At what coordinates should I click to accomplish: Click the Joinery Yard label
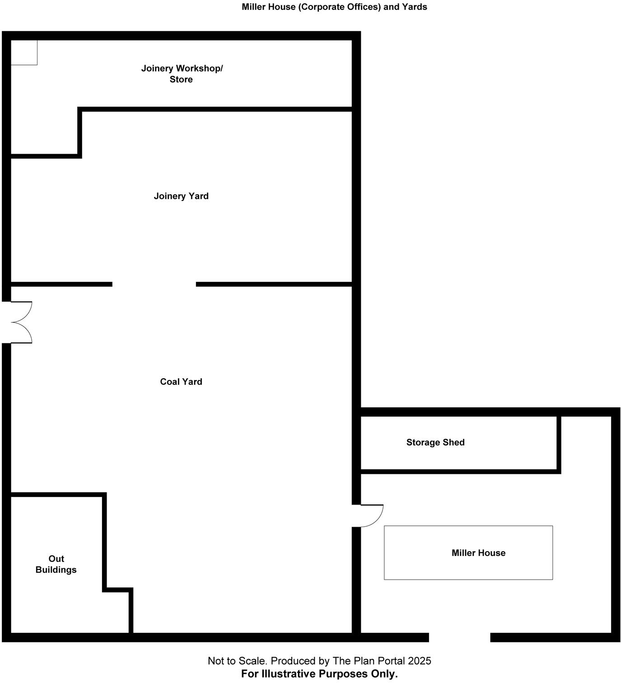tap(181, 196)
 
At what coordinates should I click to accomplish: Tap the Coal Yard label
tap(181, 382)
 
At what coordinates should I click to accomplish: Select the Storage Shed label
tap(435, 442)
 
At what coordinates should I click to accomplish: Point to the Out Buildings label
tap(56, 564)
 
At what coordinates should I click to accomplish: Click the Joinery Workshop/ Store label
tap(182, 74)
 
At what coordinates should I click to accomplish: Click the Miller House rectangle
tap(468, 552)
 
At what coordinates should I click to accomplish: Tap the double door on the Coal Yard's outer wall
tap(20, 323)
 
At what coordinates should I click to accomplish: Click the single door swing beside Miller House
tap(371, 515)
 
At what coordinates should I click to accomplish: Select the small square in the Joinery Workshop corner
tap(24, 52)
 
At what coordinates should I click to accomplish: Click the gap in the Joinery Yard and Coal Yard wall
tap(154, 284)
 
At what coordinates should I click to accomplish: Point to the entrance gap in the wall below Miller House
tap(459, 637)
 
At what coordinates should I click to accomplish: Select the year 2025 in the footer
tap(420, 661)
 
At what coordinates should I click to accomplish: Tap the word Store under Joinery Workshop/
tap(181, 80)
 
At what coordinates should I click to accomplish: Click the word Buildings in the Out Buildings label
tap(56, 570)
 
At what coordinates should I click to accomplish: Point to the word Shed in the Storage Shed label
tap(453, 442)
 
